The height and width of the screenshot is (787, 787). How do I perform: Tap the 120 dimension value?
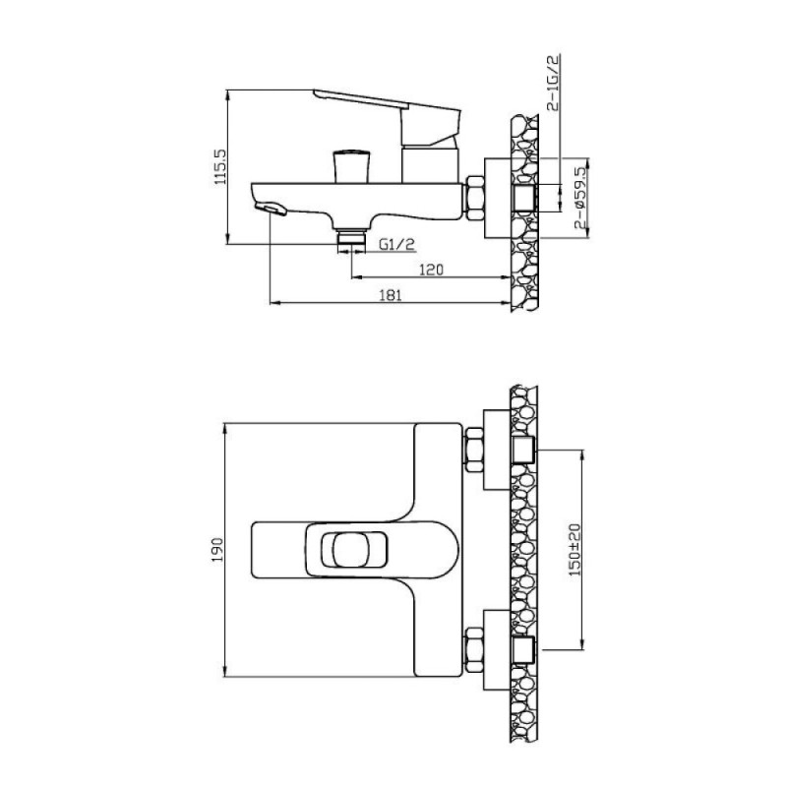click(431, 270)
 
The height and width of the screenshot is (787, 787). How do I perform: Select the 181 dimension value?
click(391, 295)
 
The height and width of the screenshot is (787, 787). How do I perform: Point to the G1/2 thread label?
click(397, 244)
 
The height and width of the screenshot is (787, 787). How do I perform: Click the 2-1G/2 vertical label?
click(553, 84)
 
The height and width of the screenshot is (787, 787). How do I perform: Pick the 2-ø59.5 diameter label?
click(580, 198)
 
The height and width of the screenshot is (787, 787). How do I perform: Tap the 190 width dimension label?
click(217, 550)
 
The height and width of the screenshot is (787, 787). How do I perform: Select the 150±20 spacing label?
click(575, 550)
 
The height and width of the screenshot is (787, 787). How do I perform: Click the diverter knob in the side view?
click(351, 165)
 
